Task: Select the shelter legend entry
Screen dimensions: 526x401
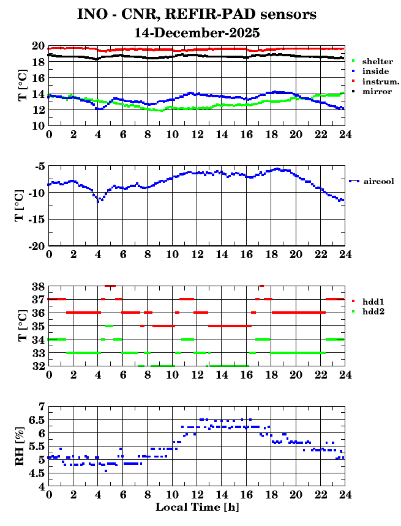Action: click(375, 62)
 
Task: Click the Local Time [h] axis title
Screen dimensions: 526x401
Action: click(197, 507)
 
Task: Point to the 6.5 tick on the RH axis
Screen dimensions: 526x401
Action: click(37, 420)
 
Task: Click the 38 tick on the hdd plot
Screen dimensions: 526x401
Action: click(37, 286)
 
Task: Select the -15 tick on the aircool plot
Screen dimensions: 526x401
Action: click(36, 219)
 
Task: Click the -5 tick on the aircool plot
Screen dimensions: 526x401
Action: click(39, 166)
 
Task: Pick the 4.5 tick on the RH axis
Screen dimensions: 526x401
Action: click(37, 473)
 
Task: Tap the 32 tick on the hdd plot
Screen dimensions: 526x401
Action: click(37, 366)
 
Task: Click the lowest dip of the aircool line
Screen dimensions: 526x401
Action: click(99, 201)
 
